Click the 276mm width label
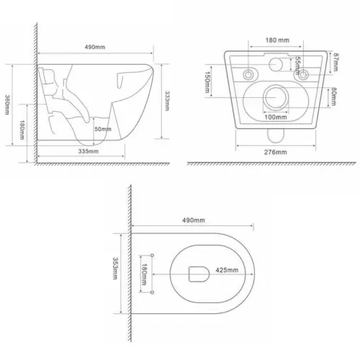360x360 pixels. point(273,153)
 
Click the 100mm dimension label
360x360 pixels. point(274,116)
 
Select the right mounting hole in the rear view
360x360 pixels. point(305,73)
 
